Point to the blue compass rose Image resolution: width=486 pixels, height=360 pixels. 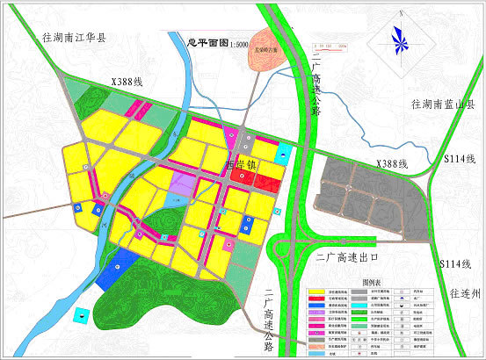(x=400, y=40)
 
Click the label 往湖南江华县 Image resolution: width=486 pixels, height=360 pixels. (x=74, y=38)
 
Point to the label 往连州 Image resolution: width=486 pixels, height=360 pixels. (x=463, y=292)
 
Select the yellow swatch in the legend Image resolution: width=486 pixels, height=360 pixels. (x=314, y=292)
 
